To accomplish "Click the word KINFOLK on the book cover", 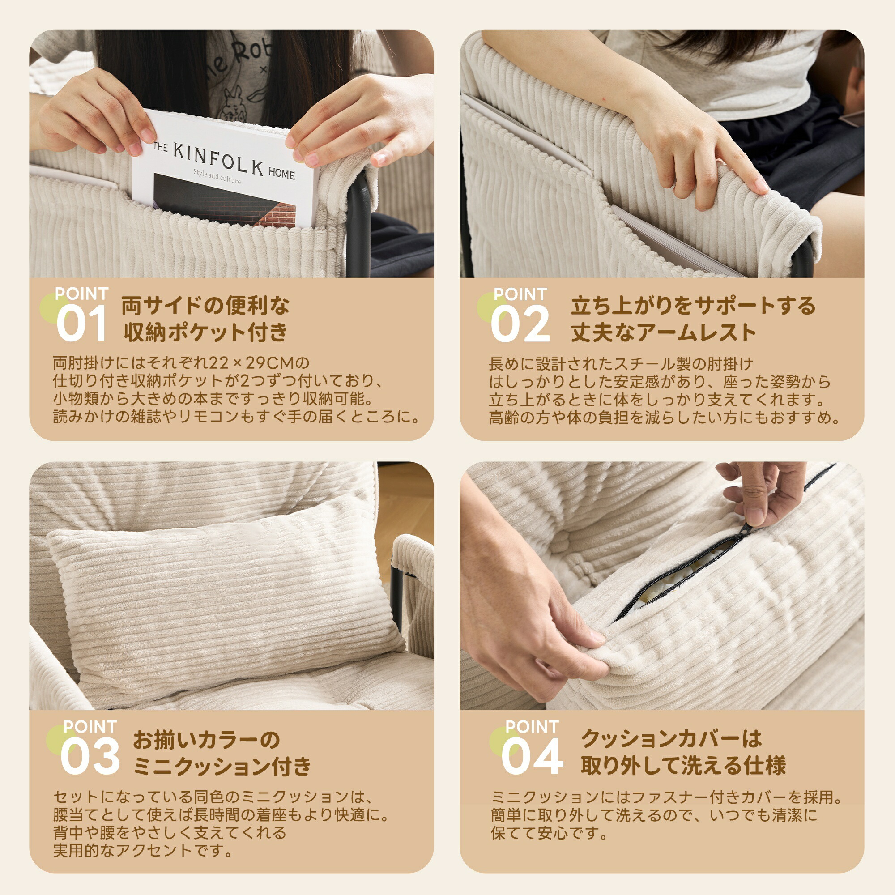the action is click(x=219, y=158).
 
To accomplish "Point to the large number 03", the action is click(x=90, y=756).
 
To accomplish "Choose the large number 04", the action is click(x=532, y=756).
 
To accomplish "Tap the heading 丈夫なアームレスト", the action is click(x=663, y=332).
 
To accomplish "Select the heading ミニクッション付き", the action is click(x=222, y=766).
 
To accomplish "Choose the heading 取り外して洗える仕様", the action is click(x=683, y=766).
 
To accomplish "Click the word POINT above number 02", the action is click(x=520, y=294).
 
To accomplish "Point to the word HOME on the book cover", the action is click(x=281, y=173).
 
